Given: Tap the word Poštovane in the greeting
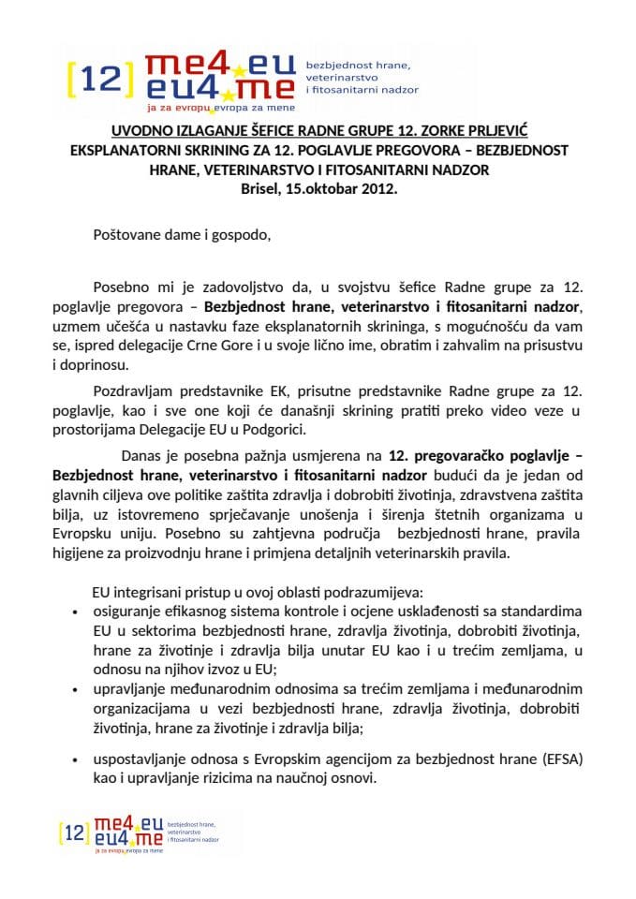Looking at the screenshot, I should (x=128, y=235).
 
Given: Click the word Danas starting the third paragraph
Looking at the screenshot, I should (x=145, y=457).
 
